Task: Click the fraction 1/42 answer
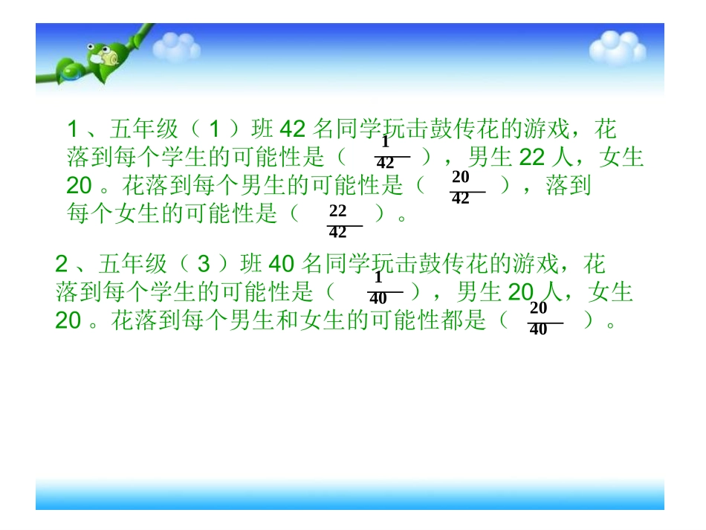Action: (386, 153)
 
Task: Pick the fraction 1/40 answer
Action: (378, 288)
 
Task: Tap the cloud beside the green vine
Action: (176, 48)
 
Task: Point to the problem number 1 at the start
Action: (73, 129)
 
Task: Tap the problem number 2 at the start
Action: (62, 264)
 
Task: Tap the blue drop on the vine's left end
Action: (69, 71)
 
